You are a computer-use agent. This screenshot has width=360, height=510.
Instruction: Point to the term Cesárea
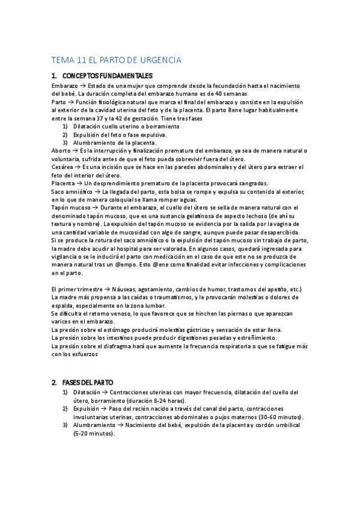pos(62,166)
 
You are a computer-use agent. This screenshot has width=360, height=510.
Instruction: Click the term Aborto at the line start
pos(61,150)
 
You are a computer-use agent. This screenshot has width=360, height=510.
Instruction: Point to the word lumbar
pos(154,305)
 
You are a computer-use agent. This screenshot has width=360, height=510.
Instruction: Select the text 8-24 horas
pos(154,401)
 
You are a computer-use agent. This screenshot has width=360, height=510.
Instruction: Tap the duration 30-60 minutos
pos(280,417)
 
